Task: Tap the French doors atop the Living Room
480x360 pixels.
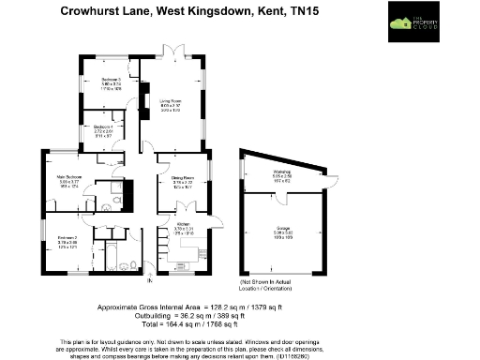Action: pos(170,51)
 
